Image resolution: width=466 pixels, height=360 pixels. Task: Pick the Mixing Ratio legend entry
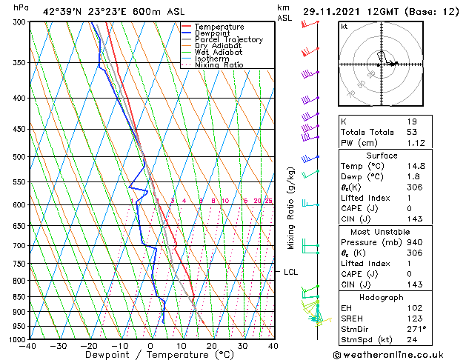coord(219,65)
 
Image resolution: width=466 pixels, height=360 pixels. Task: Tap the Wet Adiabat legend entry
coord(216,53)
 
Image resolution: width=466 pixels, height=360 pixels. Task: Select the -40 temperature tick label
coord(28,346)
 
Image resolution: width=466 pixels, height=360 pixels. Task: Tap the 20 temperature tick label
coord(212,346)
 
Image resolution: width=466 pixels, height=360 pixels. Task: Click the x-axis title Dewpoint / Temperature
coord(150,355)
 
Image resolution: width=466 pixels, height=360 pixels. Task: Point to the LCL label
coord(291,272)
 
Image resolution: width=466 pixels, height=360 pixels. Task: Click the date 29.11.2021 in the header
coord(332,11)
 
